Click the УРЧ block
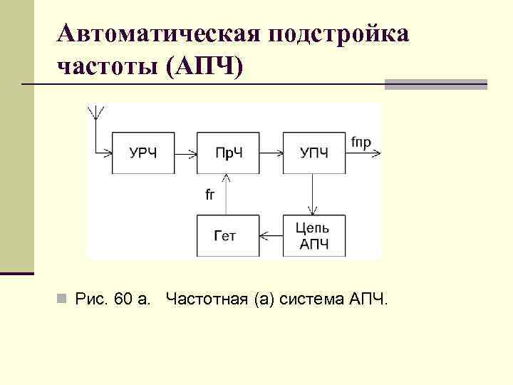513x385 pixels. pyautogui.click(x=143, y=153)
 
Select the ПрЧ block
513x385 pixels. pyautogui.click(x=228, y=153)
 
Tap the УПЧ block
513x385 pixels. pyautogui.click(x=313, y=153)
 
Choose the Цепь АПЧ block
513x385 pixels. pyautogui.click(x=313, y=235)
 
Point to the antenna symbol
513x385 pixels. pyautogui.click(x=95, y=114)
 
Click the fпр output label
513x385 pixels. pyautogui.click(x=361, y=142)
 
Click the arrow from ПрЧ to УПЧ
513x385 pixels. pyautogui.click(x=271, y=153)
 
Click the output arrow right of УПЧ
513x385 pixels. pyautogui.click(x=364, y=153)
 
